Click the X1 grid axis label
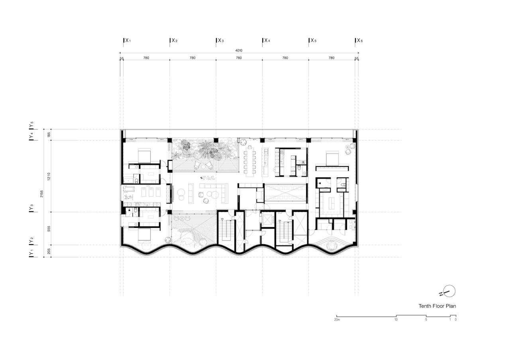[127, 41]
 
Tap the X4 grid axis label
[267, 41]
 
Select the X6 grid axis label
[359, 41]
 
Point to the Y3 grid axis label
[31, 208]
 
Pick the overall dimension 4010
[239, 51]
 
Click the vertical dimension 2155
[41, 194]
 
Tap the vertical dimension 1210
[49, 176]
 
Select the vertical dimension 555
[49, 229]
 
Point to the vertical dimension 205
[49, 251]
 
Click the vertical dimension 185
[49, 135]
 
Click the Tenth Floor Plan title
[437, 306]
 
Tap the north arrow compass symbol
[449, 292]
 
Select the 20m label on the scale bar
[337, 320]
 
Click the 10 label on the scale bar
[396, 320]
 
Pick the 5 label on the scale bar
[426, 320]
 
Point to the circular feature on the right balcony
[332, 247]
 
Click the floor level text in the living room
[208, 178]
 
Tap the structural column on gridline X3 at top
[216, 141]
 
